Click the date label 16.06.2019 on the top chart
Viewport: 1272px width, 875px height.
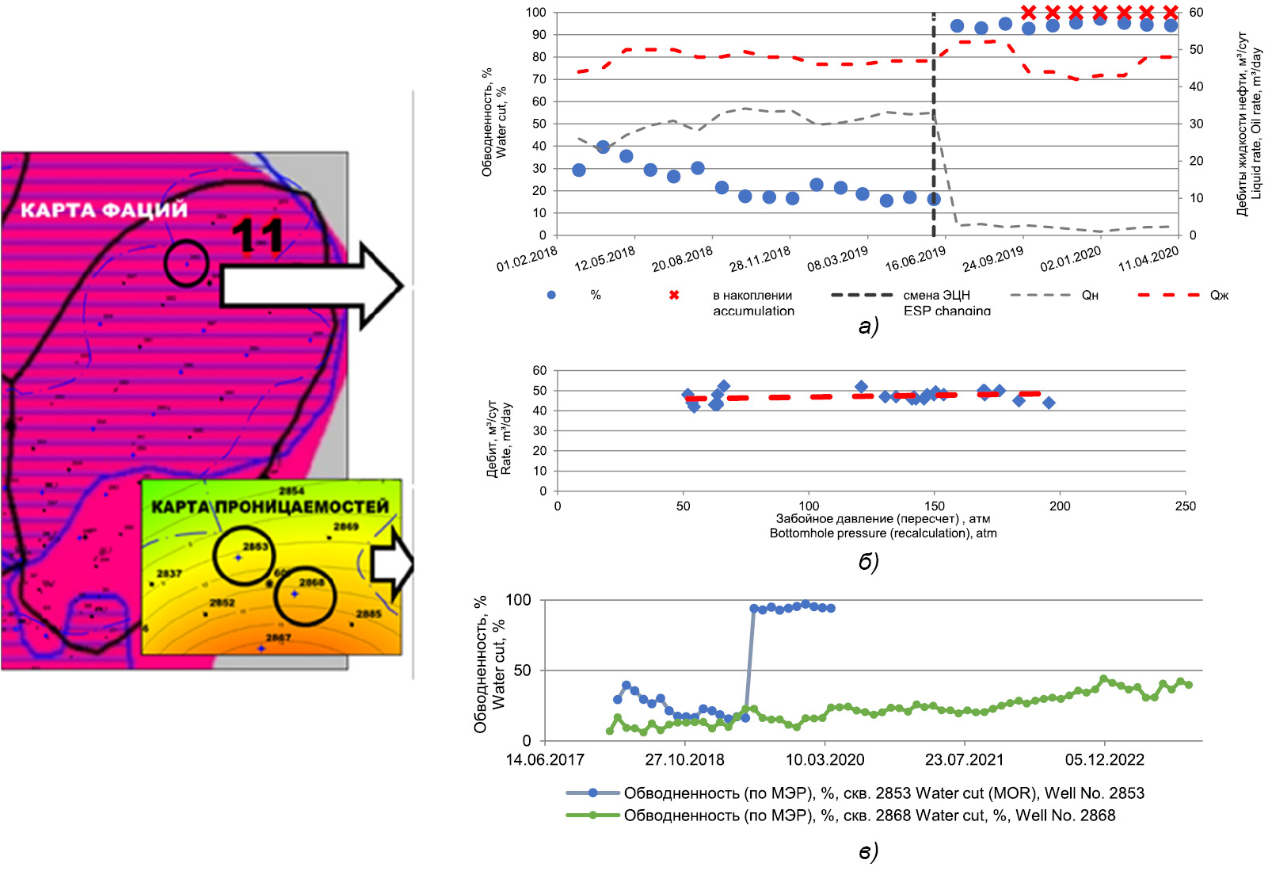coord(915,258)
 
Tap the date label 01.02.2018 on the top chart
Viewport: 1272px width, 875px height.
coord(527,258)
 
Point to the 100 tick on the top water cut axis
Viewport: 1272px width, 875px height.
coord(536,12)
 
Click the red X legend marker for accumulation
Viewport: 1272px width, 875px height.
coord(674,295)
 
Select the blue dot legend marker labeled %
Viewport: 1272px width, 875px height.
coord(551,295)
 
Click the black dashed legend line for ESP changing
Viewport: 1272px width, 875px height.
coord(862,295)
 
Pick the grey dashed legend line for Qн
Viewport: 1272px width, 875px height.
coord(1040,295)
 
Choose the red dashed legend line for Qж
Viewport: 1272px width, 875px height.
coord(1168,295)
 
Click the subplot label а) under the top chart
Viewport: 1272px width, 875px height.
coord(868,326)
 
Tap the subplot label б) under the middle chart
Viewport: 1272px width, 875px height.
coord(868,561)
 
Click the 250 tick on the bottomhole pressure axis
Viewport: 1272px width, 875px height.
coord(1185,506)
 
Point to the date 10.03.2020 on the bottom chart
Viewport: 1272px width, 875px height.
coord(825,759)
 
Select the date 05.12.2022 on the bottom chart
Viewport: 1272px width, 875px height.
coord(1104,759)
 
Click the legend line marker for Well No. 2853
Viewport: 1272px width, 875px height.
coord(592,793)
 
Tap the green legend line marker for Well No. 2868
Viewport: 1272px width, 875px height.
coord(592,815)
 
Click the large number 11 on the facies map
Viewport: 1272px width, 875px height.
coord(257,236)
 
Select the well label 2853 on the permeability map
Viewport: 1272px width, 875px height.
coord(255,546)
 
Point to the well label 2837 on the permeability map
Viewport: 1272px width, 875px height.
coord(169,573)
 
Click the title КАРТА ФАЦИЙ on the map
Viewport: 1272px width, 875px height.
coord(104,210)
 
